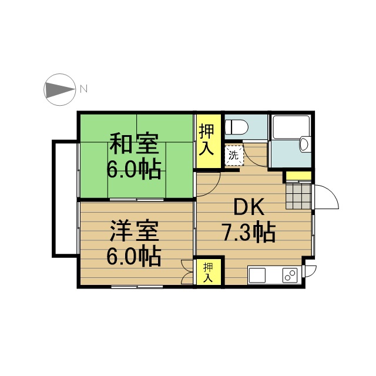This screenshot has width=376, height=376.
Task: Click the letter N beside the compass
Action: click(83, 89)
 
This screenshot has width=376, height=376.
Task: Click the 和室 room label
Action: click(135, 144)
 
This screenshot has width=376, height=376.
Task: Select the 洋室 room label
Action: click(135, 231)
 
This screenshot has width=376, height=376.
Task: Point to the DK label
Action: click(249, 206)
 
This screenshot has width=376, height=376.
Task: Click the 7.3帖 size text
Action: click(249, 233)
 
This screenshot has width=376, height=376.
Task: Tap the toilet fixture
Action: click(236, 127)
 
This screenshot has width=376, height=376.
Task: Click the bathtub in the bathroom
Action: click(291, 127)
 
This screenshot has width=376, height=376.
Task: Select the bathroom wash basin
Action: click(304, 143)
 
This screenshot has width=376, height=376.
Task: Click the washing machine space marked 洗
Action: click(234, 155)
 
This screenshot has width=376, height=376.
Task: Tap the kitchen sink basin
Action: click(257, 276)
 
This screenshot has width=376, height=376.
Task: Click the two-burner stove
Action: click(290, 276)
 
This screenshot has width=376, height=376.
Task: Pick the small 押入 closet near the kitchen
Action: click(209, 271)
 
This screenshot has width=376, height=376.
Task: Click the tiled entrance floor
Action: click(298, 196)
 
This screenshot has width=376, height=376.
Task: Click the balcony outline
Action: click(54, 199)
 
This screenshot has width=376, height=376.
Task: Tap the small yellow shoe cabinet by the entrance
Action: click(299, 176)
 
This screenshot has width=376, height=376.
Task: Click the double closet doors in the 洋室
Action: click(187, 272)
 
